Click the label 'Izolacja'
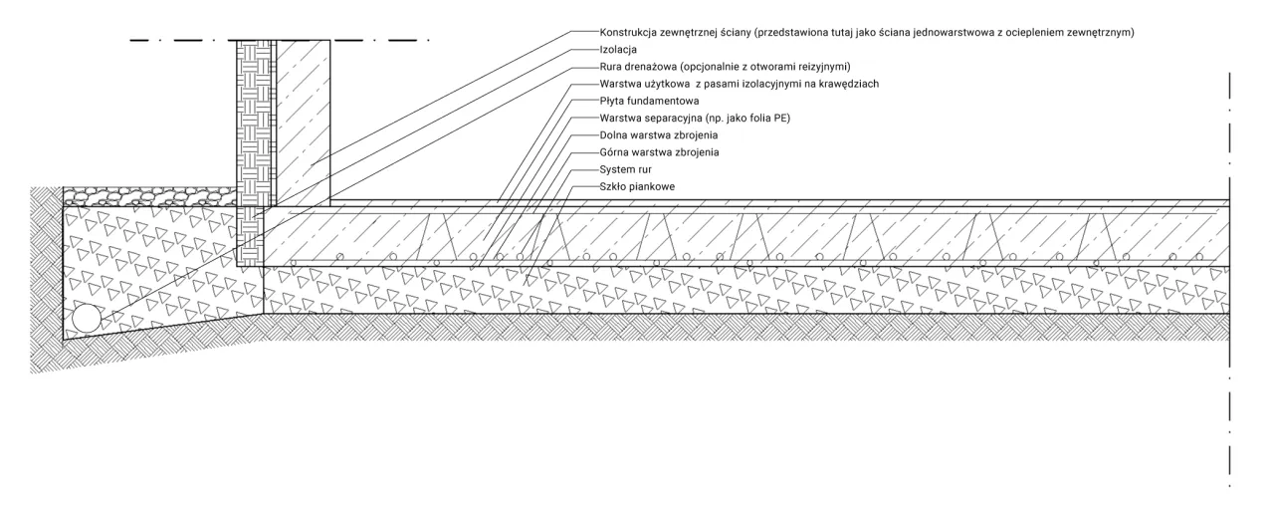(x=618, y=49)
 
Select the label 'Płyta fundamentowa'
(x=650, y=101)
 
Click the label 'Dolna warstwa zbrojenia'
(x=659, y=134)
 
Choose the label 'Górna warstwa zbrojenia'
(x=659, y=151)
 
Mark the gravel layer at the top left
(x=149, y=196)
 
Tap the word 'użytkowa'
(x=669, y=84)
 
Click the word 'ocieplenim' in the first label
(x=1013, y=32)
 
